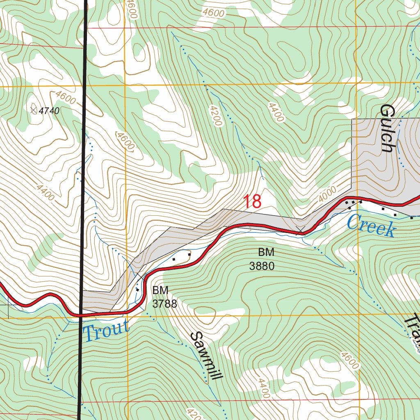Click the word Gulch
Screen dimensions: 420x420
point(387,128)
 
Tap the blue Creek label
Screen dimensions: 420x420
point(371,226)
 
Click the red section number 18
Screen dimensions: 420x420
point(252,202)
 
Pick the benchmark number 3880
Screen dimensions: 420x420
point(262,266)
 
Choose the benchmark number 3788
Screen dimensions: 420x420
point(164,304)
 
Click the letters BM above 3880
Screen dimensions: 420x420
point(266,252)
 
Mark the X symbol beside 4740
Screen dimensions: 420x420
point(34,109)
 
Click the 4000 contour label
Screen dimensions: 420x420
point(327,193)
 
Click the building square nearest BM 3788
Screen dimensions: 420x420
point(137,290)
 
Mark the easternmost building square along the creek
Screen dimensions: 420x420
point(412,218)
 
